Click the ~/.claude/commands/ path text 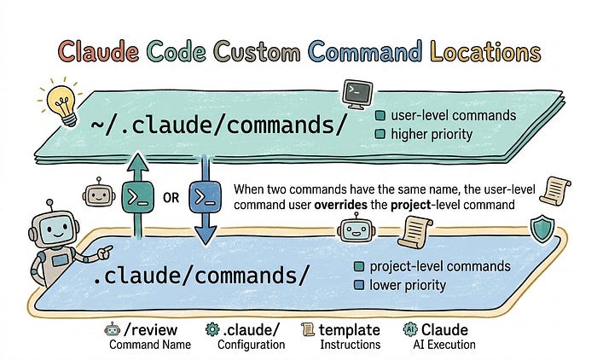(219, 123)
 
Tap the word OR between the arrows (171, 198)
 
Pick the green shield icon (539, 229)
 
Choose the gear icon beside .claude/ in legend (213, 329)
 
